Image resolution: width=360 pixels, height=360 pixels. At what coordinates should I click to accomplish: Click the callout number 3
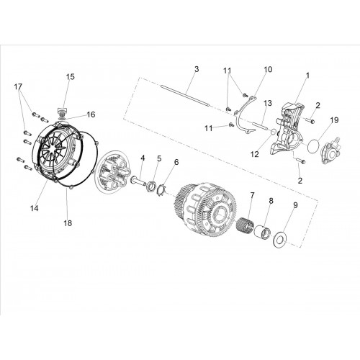(x=197, y=69)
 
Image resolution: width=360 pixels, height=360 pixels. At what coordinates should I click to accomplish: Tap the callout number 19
(x=334, y=120)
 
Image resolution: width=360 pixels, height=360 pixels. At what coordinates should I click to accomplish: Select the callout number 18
(x=68, y=223)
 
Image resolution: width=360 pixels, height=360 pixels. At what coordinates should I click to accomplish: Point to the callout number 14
(x=34, y=208)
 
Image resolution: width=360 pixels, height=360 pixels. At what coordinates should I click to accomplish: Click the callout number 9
(x=295, y=205)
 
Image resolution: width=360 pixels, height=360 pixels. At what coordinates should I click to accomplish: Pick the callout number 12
(x=255, y=154)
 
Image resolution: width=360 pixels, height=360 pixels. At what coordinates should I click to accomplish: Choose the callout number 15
(x=71, y=77)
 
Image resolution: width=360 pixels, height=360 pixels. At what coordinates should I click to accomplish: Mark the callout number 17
(x=18, y=86)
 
